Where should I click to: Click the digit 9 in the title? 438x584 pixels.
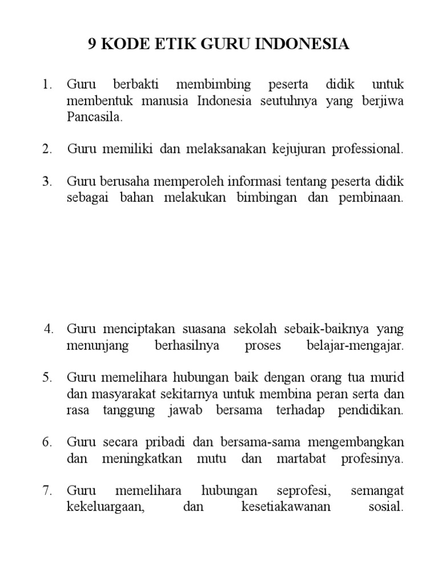click(94, 44)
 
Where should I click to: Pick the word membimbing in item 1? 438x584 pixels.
click(214, 85)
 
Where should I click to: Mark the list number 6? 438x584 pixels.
click(47, 443)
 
